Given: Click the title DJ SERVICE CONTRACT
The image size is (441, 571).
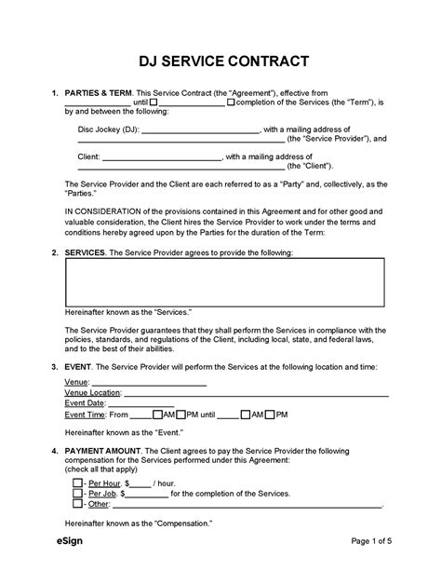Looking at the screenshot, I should pyautogui.click(x=220, y=63).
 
